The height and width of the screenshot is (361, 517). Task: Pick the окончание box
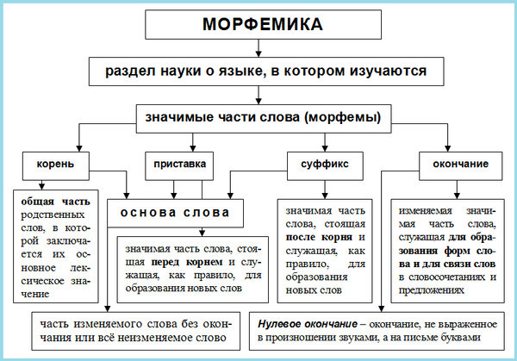(x=453, y=163)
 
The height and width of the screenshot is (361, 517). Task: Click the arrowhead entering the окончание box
(x=447, y=147)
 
